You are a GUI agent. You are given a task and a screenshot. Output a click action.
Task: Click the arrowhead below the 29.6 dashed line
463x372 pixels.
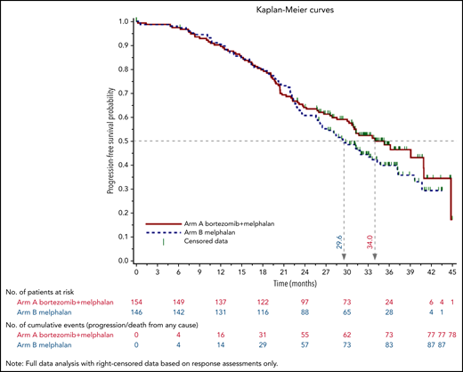[x=344, y=256]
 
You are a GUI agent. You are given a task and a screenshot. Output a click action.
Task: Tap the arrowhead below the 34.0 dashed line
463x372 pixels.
[x=375, y=256]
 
